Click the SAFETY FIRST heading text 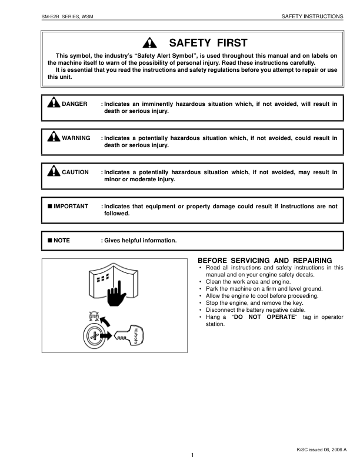[x=208, y=43]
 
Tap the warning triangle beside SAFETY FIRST [x=151, y=43]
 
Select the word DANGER [x=74, y=104]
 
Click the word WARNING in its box [x=76, y=138]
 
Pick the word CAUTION [x=75, y=172]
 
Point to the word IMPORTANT [x=71, y=207]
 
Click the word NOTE [x=62, y=241]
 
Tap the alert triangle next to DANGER [x=54, y=104]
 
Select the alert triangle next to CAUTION [x=54, y=172]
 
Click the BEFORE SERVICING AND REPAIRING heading [x=265, y=261]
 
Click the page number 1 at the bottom [x=192, y=456]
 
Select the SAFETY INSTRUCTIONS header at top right [x=312, y=16]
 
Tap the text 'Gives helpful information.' [x=140, y=241]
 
